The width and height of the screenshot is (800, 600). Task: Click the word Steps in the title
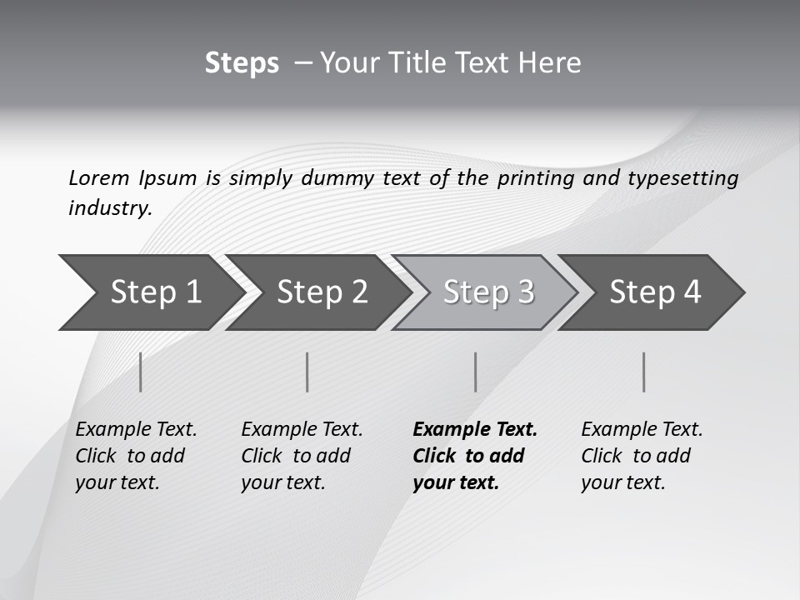coord(242,63)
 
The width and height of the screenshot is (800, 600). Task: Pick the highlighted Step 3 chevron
coord(488,292)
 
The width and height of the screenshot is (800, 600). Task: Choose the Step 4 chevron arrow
coord(655,292)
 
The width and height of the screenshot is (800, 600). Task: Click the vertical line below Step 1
coord(141,372)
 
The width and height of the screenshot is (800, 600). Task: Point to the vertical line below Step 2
coord(307,372)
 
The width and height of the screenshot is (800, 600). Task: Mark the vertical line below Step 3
coord(475,372)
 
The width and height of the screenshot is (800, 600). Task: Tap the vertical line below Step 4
coord(644,372)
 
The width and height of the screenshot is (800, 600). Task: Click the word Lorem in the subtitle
coord(98,178)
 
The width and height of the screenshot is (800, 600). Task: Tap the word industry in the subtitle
coord(109,208)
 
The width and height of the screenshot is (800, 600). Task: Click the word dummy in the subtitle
coord(337,178)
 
